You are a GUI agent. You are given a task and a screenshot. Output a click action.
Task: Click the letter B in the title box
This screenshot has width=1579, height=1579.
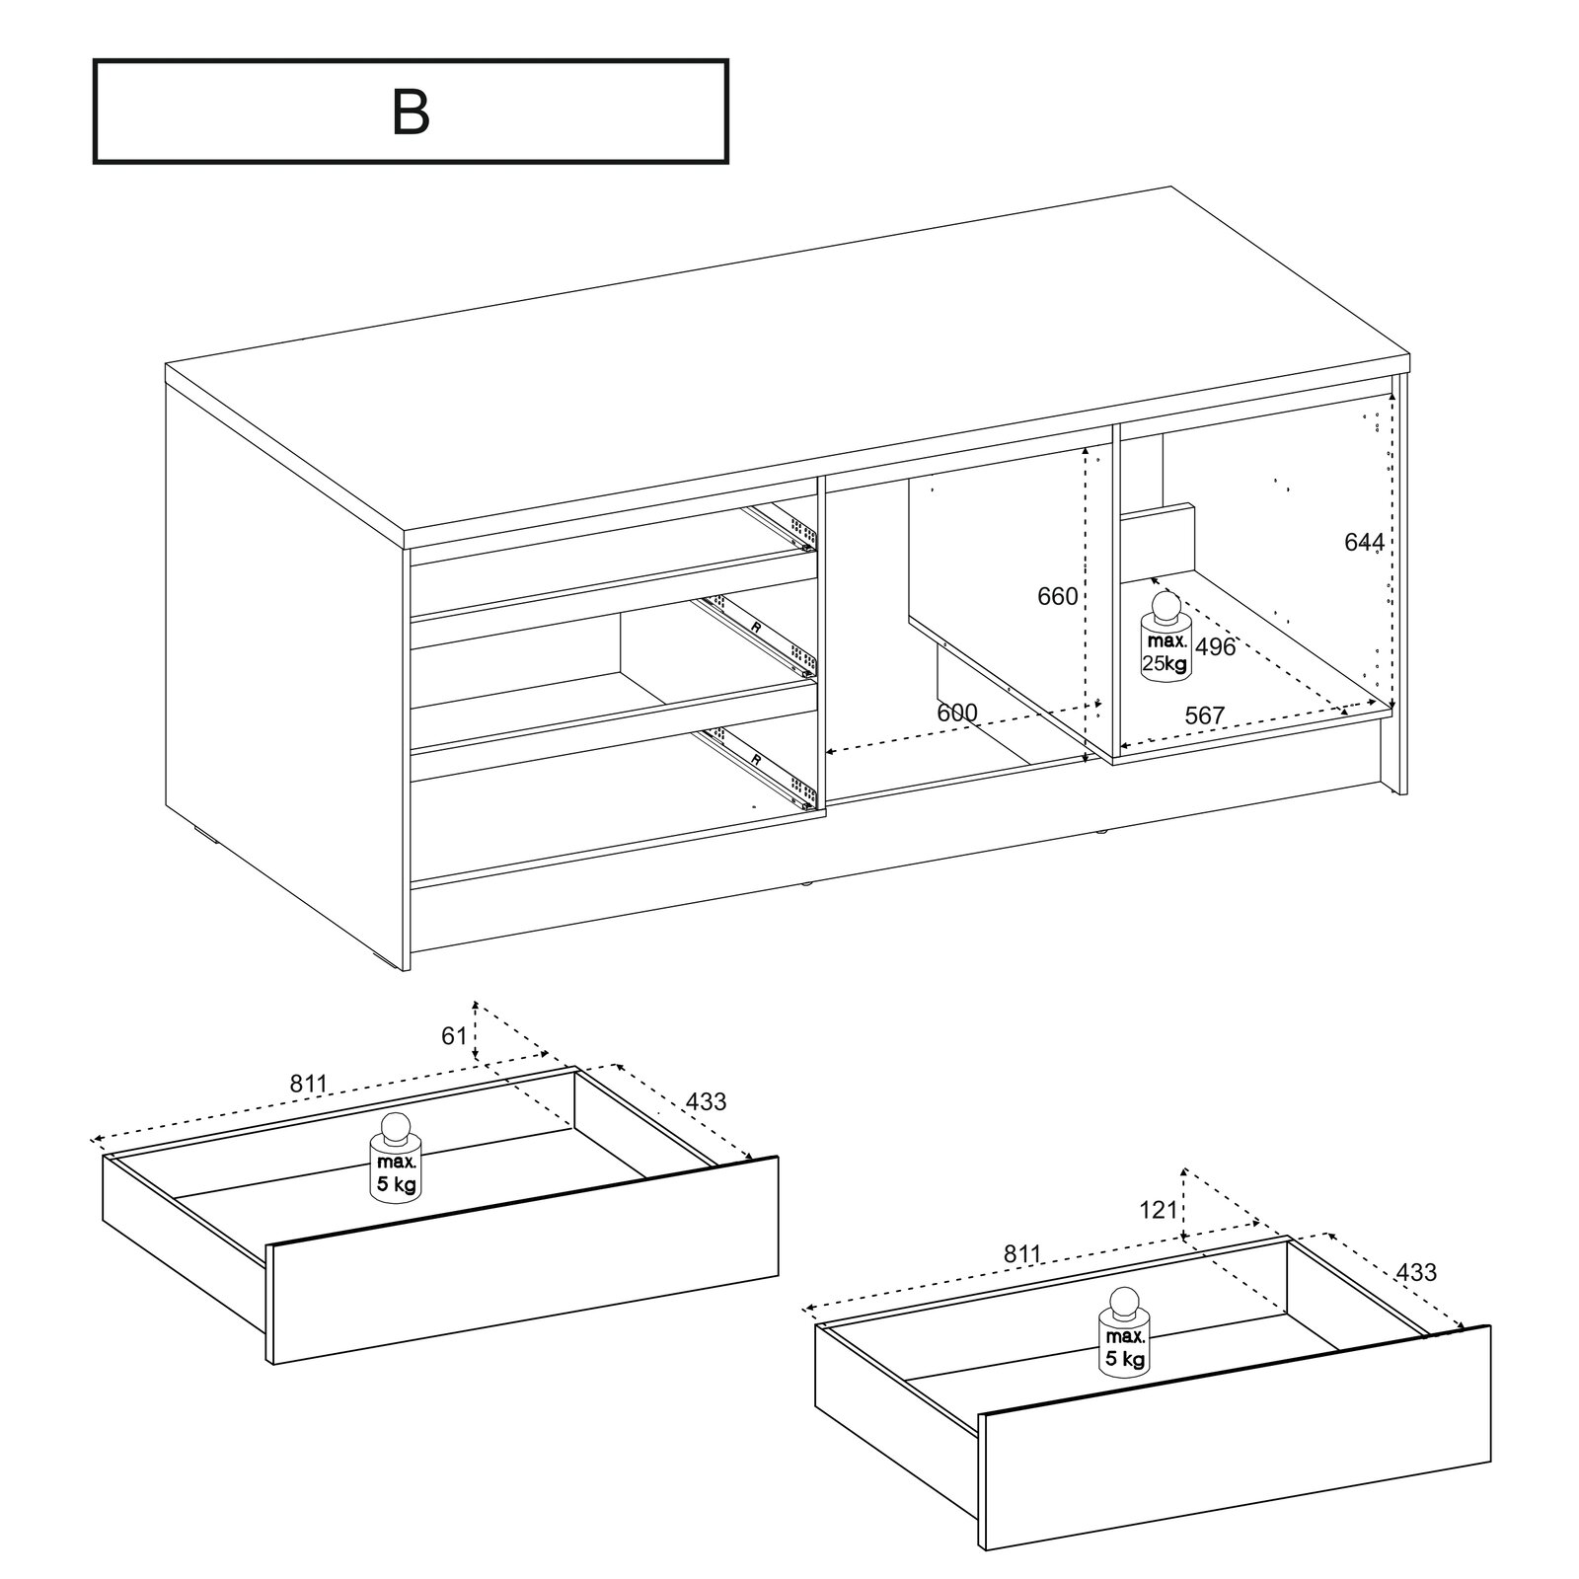pyautogui.click(x=411, y=113)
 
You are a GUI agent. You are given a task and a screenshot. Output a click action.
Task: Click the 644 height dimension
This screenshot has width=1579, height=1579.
pyautogui.click(x=1364, y=542)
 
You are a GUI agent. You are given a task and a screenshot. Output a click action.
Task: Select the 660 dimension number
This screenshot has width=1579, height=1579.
pyautogui.click(x=1057, y=596)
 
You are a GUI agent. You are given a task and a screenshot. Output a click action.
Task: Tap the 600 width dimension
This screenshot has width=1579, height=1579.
pyautogui.click(x=956, y=713)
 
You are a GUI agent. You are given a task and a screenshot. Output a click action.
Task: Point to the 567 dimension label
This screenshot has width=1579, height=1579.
pyautogui.click(x=1204, y=715)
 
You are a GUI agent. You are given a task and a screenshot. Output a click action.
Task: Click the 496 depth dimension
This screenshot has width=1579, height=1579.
pyautogui.click(x=1215, y=647)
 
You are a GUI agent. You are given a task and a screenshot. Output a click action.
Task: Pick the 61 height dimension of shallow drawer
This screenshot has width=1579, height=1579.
pyautogui.click(x=453, y=1036)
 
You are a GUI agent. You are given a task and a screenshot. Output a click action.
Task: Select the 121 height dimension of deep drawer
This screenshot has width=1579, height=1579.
pyautogui.click(x=1159, y=1208)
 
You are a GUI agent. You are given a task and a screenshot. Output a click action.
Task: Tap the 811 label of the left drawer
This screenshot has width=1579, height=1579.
pyautogui.click(x=308, y=1084)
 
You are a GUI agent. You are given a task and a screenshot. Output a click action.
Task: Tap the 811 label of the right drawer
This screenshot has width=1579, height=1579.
pyautogui.click(x=1022, y=1254)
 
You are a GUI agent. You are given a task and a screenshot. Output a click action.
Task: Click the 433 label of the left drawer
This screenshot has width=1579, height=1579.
pyautogui.click(x=706, y=1101)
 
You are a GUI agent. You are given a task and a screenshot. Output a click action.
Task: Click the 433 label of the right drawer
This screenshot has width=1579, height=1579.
pyautogui.click(x=1416, y=1272)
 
